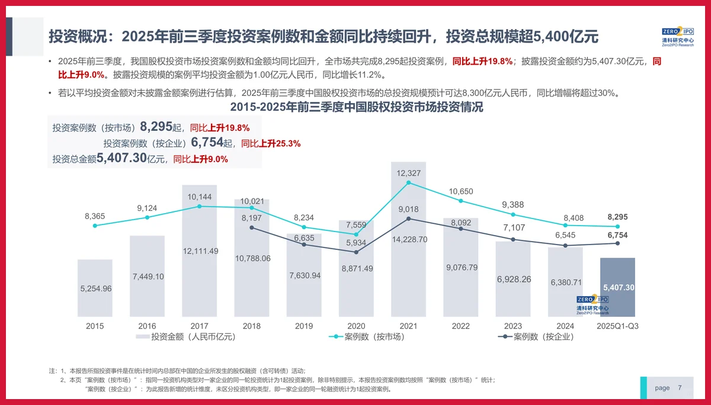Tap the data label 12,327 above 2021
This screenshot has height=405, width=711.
pos(409,173)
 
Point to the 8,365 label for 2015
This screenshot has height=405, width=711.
pos(95,217)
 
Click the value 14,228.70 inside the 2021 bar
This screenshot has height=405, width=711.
pos(409,240)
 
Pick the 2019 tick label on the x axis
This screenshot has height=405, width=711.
pos(304,326)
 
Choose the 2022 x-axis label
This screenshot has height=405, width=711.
pos(460,326)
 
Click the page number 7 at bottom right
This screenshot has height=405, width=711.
pos(680,388)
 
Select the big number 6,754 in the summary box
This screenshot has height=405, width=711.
pos(207,143)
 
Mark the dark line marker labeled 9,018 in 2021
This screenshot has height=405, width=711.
pos(409,218)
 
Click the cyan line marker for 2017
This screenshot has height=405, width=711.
pos(200,206)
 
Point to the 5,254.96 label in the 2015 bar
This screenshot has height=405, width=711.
pos(95,288)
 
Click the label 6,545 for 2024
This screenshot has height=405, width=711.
pos(565,235)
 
